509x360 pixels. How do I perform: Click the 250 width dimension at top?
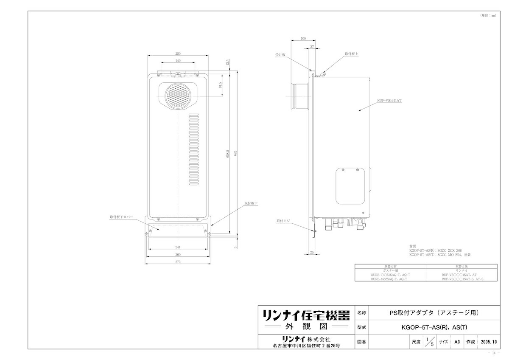[x=178, y=53]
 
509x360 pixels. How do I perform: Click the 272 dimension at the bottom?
[x=178, y=262]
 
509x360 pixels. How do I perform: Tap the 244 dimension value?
[x=178, y=247]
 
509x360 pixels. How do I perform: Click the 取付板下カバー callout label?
[x=121, y=217]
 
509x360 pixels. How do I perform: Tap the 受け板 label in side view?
[x=280, y=55]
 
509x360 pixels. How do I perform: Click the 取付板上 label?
[x=352, y=54]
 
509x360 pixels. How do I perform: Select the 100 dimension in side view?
[x=302, y=39]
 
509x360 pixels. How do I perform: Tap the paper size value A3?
[x=457, y=341]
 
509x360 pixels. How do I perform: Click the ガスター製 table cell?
[x=390, y=270]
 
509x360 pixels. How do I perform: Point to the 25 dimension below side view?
[x=312, y=253]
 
